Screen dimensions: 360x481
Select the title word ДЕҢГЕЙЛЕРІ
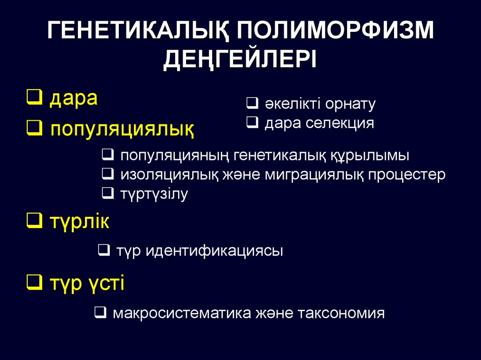coord(240,60)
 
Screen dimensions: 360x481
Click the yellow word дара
coord(73,99)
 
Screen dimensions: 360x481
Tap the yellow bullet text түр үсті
coord(86,283)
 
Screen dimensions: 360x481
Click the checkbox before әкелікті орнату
coord(251,103)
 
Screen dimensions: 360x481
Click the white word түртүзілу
coord(154,194)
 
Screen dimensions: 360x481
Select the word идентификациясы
coord(214,251)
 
